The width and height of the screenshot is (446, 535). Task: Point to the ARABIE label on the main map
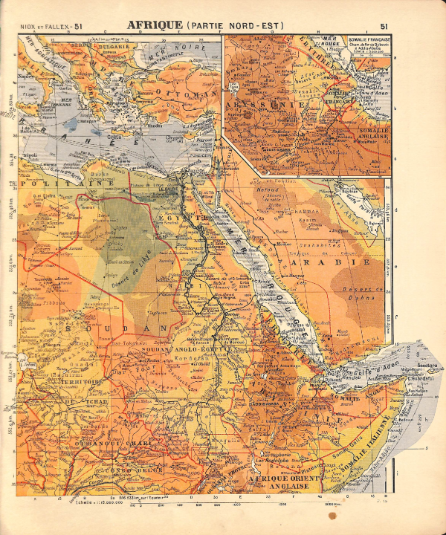[x=341, y=263]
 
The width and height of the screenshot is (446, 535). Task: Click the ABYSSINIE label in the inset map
[x=268, y=106]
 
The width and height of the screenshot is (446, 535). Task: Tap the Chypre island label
[x=175, y=137]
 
